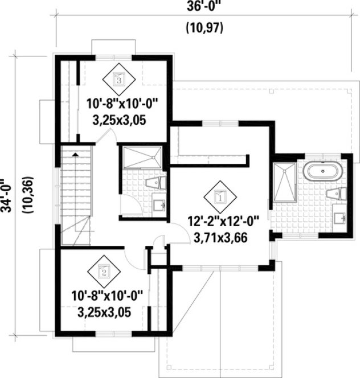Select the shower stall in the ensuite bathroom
coord(284,182)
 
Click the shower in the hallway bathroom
coord(141,157)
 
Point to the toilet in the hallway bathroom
coord(154,183)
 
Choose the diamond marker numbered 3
coord(118,80)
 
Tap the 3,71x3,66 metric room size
coord(220,239)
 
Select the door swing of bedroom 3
coord(108,137)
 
